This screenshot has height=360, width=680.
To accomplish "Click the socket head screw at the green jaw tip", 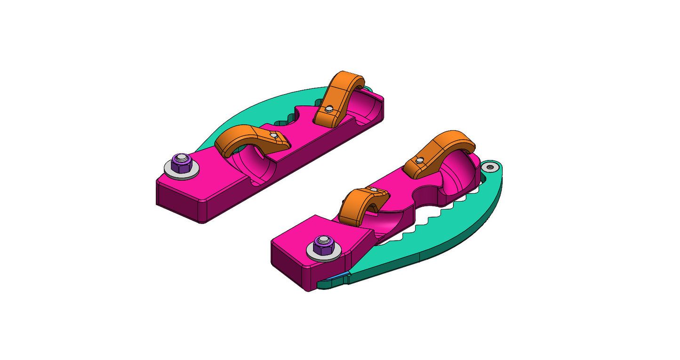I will [491, 167].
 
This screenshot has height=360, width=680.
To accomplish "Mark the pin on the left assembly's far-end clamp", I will [329, 109].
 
